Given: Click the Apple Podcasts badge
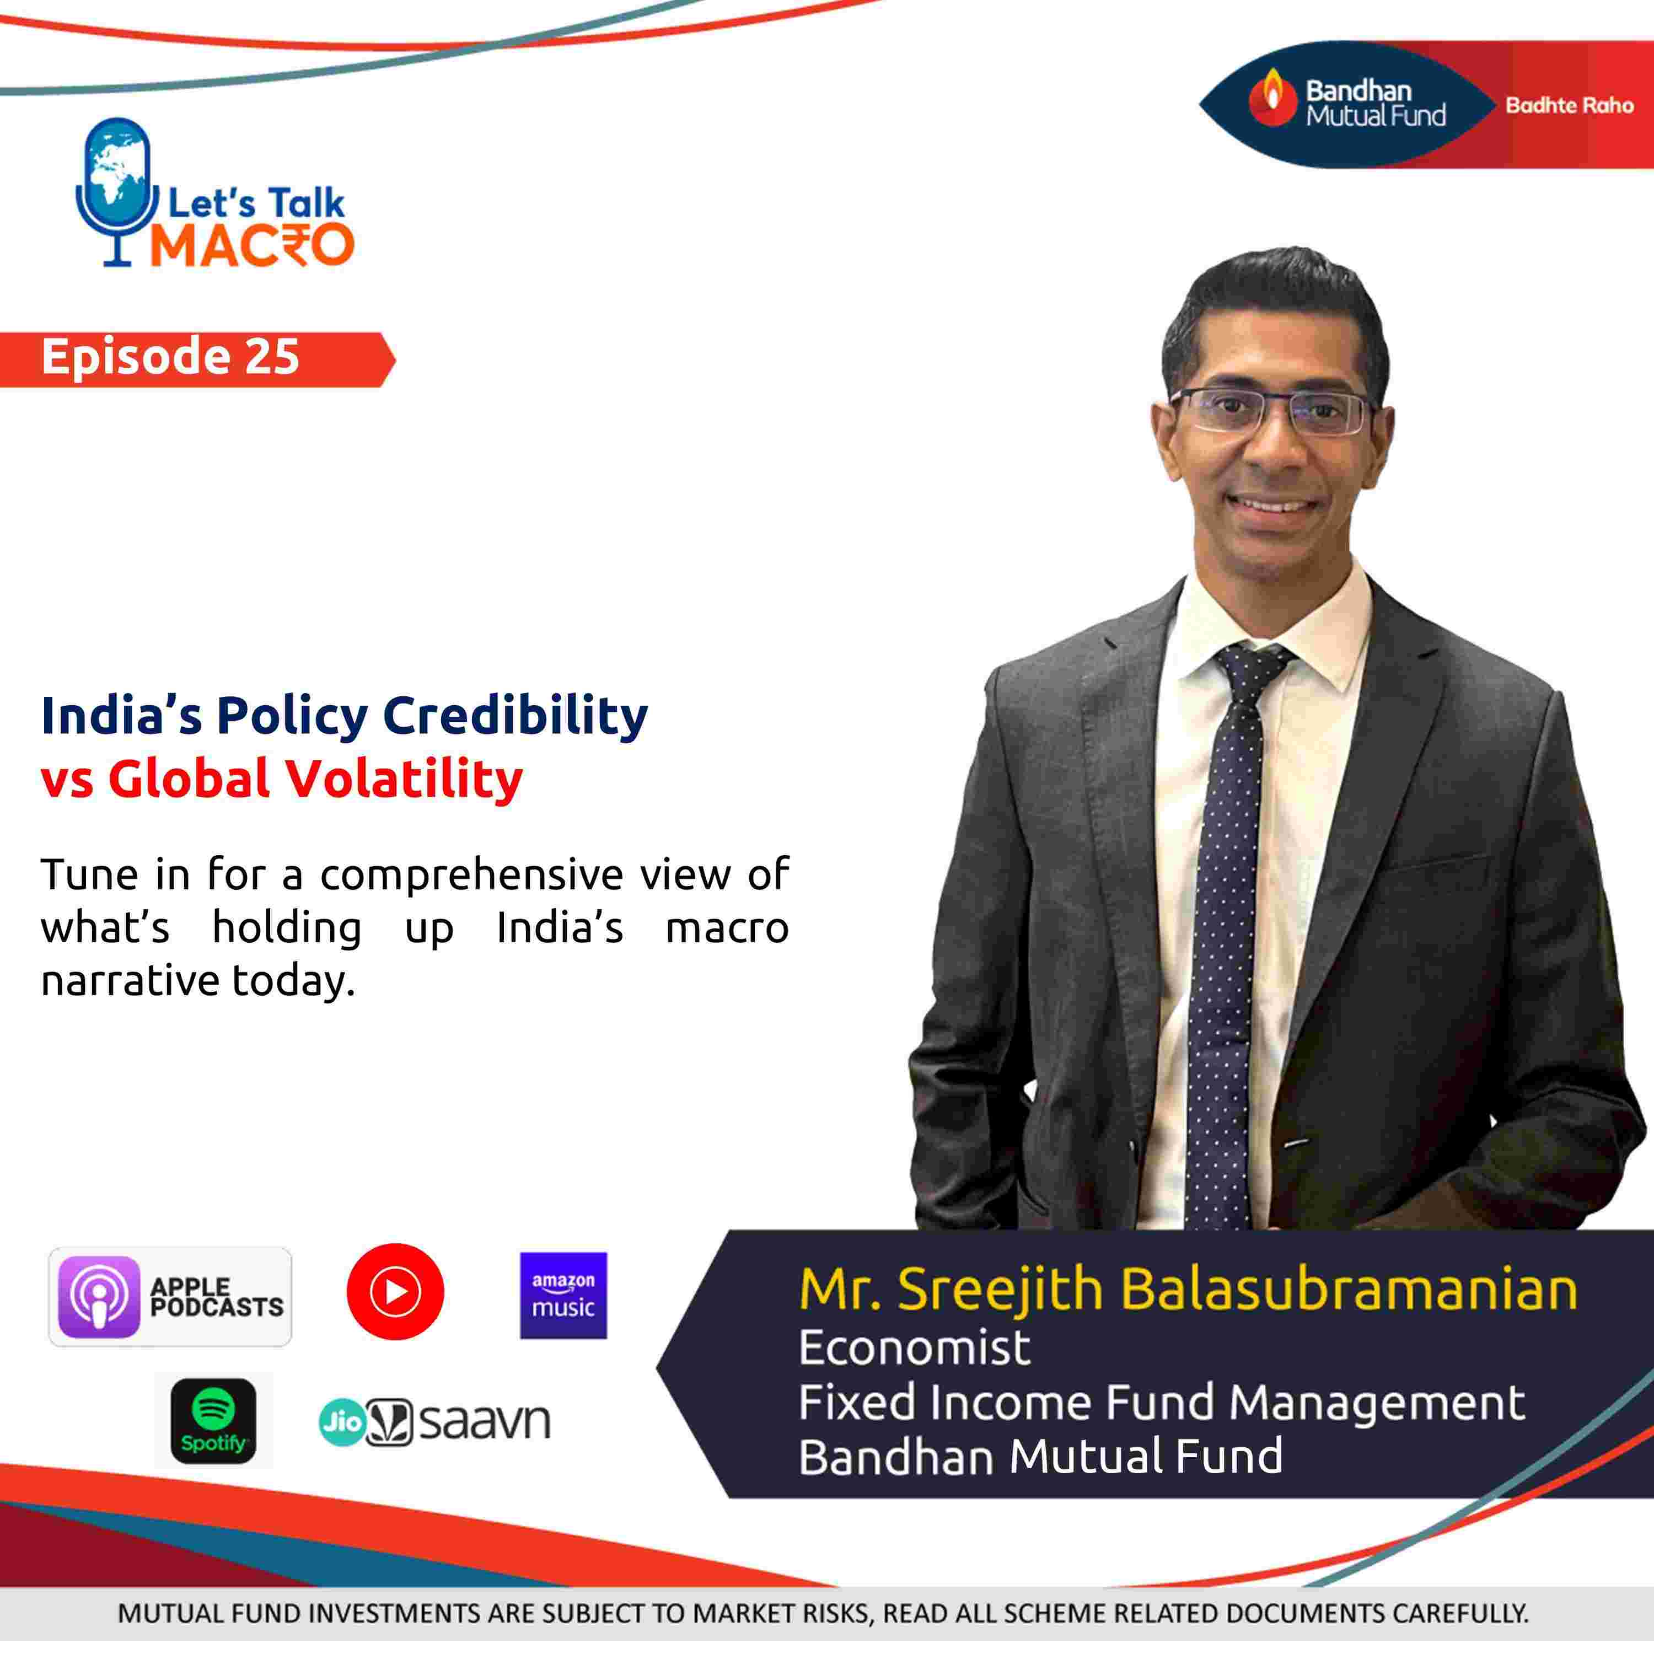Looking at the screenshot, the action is pyautogui.click(x=169, y=1296).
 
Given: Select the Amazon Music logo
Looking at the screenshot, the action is pyautogui.click(x=563, y=1295).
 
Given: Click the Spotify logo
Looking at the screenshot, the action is pyautogui.click(x=213, y=1421).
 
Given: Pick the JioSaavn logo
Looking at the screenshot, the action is pyautogui.click(x=434, y=1422).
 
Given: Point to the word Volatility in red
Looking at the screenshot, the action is pyautogui.click(x=403, y=779).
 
